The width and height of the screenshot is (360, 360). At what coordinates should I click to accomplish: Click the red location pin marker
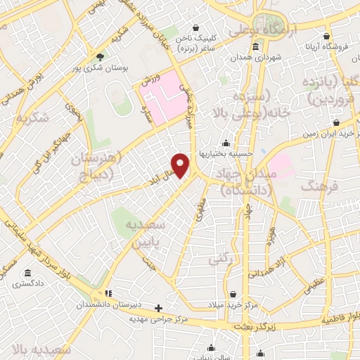(x=181, y=165)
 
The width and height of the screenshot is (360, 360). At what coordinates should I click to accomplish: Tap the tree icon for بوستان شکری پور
(x=100, y=56)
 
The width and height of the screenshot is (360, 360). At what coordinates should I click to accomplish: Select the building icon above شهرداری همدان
(x=254, y=47)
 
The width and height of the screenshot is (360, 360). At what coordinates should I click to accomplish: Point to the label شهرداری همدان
(x=255, y=58)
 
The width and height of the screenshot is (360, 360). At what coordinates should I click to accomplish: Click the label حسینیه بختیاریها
(x=224, y=153)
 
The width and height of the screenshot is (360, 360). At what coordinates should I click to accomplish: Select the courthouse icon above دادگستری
(x=27, y=273)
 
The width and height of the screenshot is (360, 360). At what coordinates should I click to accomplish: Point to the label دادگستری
(x=27, y=284)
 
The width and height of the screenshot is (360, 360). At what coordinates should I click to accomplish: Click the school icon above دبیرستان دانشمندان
(x=108, y=292)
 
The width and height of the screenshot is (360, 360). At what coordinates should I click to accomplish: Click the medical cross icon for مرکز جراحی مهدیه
(x=159, y=308)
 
